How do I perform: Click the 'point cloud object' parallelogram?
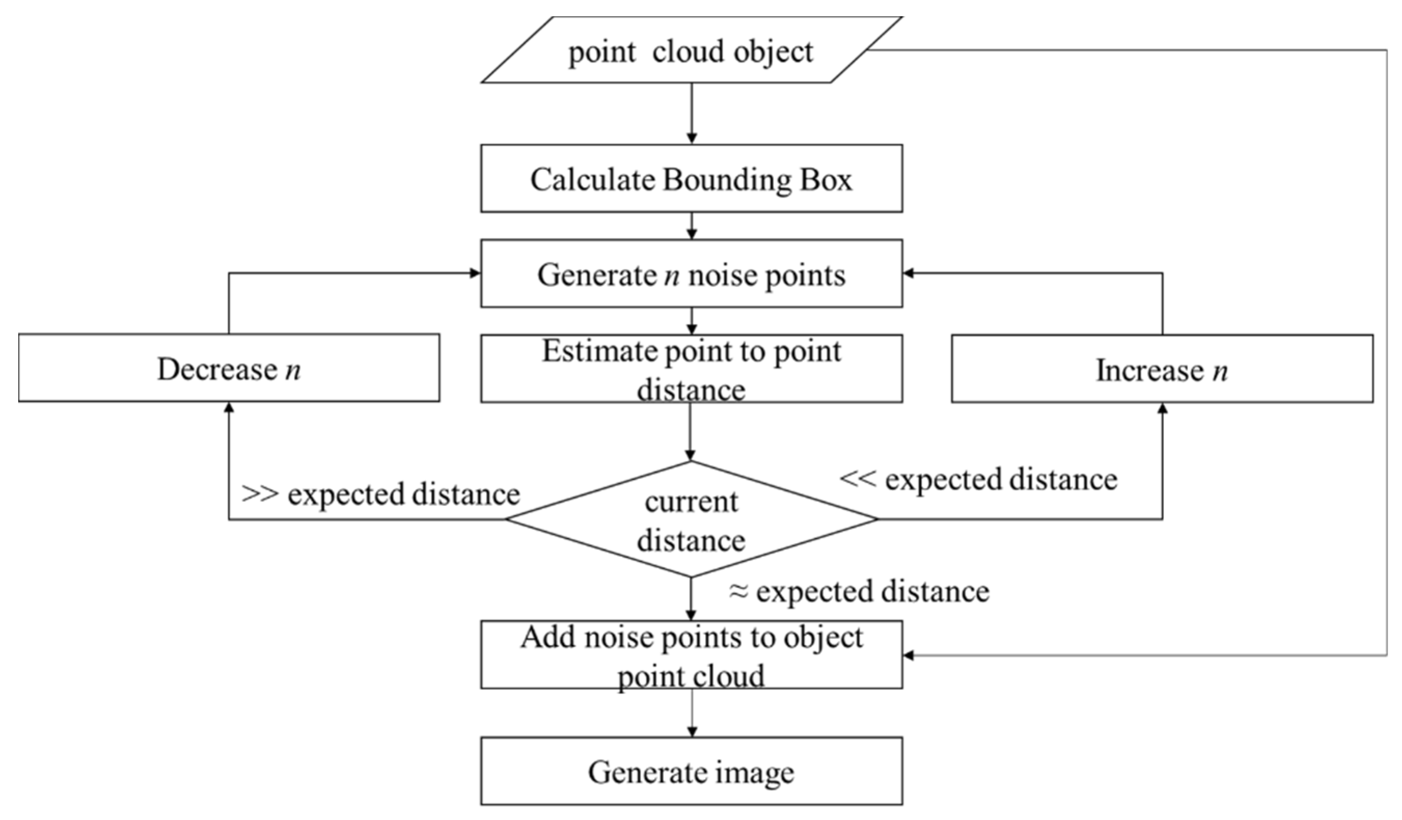[691, 50]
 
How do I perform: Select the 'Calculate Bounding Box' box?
[691, 179]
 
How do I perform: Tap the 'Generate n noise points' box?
[691, 274]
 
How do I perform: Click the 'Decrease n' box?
[229, 368]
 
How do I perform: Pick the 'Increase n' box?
[1162, 369]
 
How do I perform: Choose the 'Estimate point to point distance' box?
[691, 368]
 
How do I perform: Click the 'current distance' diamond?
[691, 520]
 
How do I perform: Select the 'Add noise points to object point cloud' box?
[691, 655]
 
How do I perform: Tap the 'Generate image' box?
[691, 772]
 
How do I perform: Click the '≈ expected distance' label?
[859, 591]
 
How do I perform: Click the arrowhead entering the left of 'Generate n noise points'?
[475, 273]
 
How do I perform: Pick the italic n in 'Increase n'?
[1219, 371]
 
